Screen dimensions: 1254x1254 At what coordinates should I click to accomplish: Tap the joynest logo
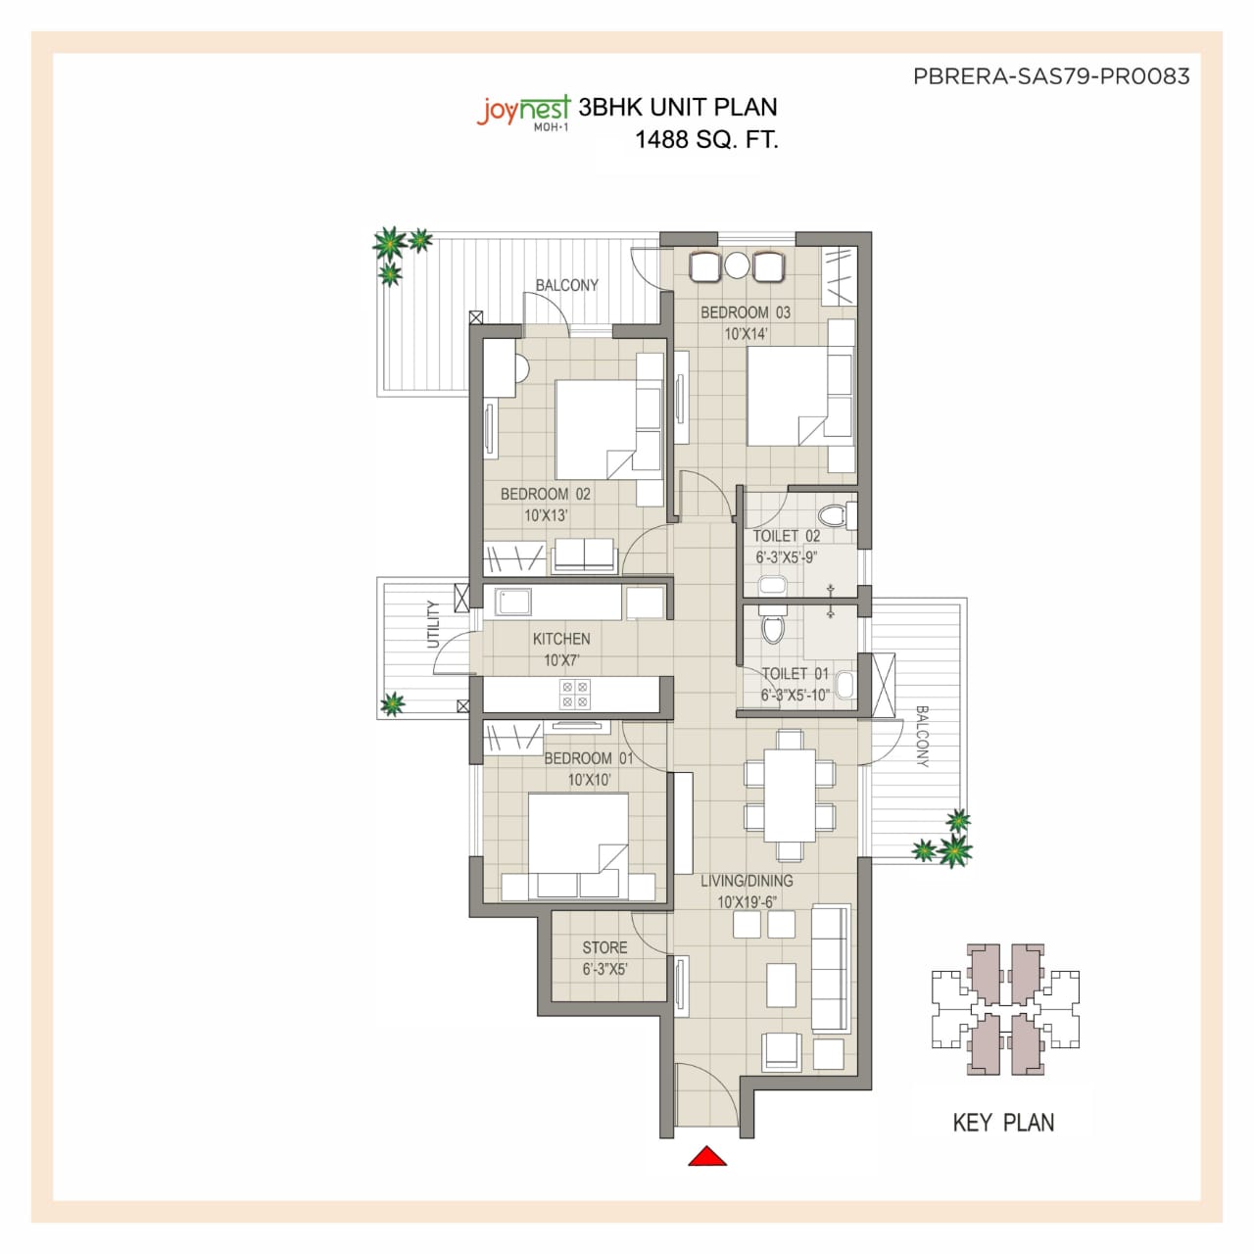[x=523, y=112]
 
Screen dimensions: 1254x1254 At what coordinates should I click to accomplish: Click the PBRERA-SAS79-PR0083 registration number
[x=1051, y=76]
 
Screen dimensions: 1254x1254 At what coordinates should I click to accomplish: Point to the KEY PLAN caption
[x=1003, y=1123]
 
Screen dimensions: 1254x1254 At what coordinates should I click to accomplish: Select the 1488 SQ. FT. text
[x=706, y=139]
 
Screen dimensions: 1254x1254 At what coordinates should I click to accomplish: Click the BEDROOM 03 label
[x=746, y=313]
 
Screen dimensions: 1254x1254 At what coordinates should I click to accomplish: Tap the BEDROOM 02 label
[x=546, y=494]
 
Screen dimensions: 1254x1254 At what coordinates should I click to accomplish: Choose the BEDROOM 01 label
[x=589, y=758]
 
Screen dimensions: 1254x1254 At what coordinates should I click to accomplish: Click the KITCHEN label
[x=561, y=639]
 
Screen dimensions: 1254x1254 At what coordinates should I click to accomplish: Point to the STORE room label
[x=604, y=947]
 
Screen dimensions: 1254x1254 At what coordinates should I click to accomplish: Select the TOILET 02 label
[x=787, y=536]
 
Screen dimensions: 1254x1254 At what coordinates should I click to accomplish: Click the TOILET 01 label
[x=796, y=674]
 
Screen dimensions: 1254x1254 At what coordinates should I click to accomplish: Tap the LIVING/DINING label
[x=747, y=881]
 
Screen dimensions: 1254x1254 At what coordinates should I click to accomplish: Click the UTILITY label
[x=433, y=624]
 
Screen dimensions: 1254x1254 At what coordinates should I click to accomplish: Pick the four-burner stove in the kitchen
[x=575, y=694]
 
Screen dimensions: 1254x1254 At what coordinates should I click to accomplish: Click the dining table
[x=790, y=794]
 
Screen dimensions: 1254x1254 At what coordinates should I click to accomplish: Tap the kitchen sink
[x=512, y=601]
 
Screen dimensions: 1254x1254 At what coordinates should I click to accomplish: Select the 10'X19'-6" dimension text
[x=748, y=902]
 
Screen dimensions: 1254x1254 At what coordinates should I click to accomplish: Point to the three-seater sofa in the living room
[x=831, y=968]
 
